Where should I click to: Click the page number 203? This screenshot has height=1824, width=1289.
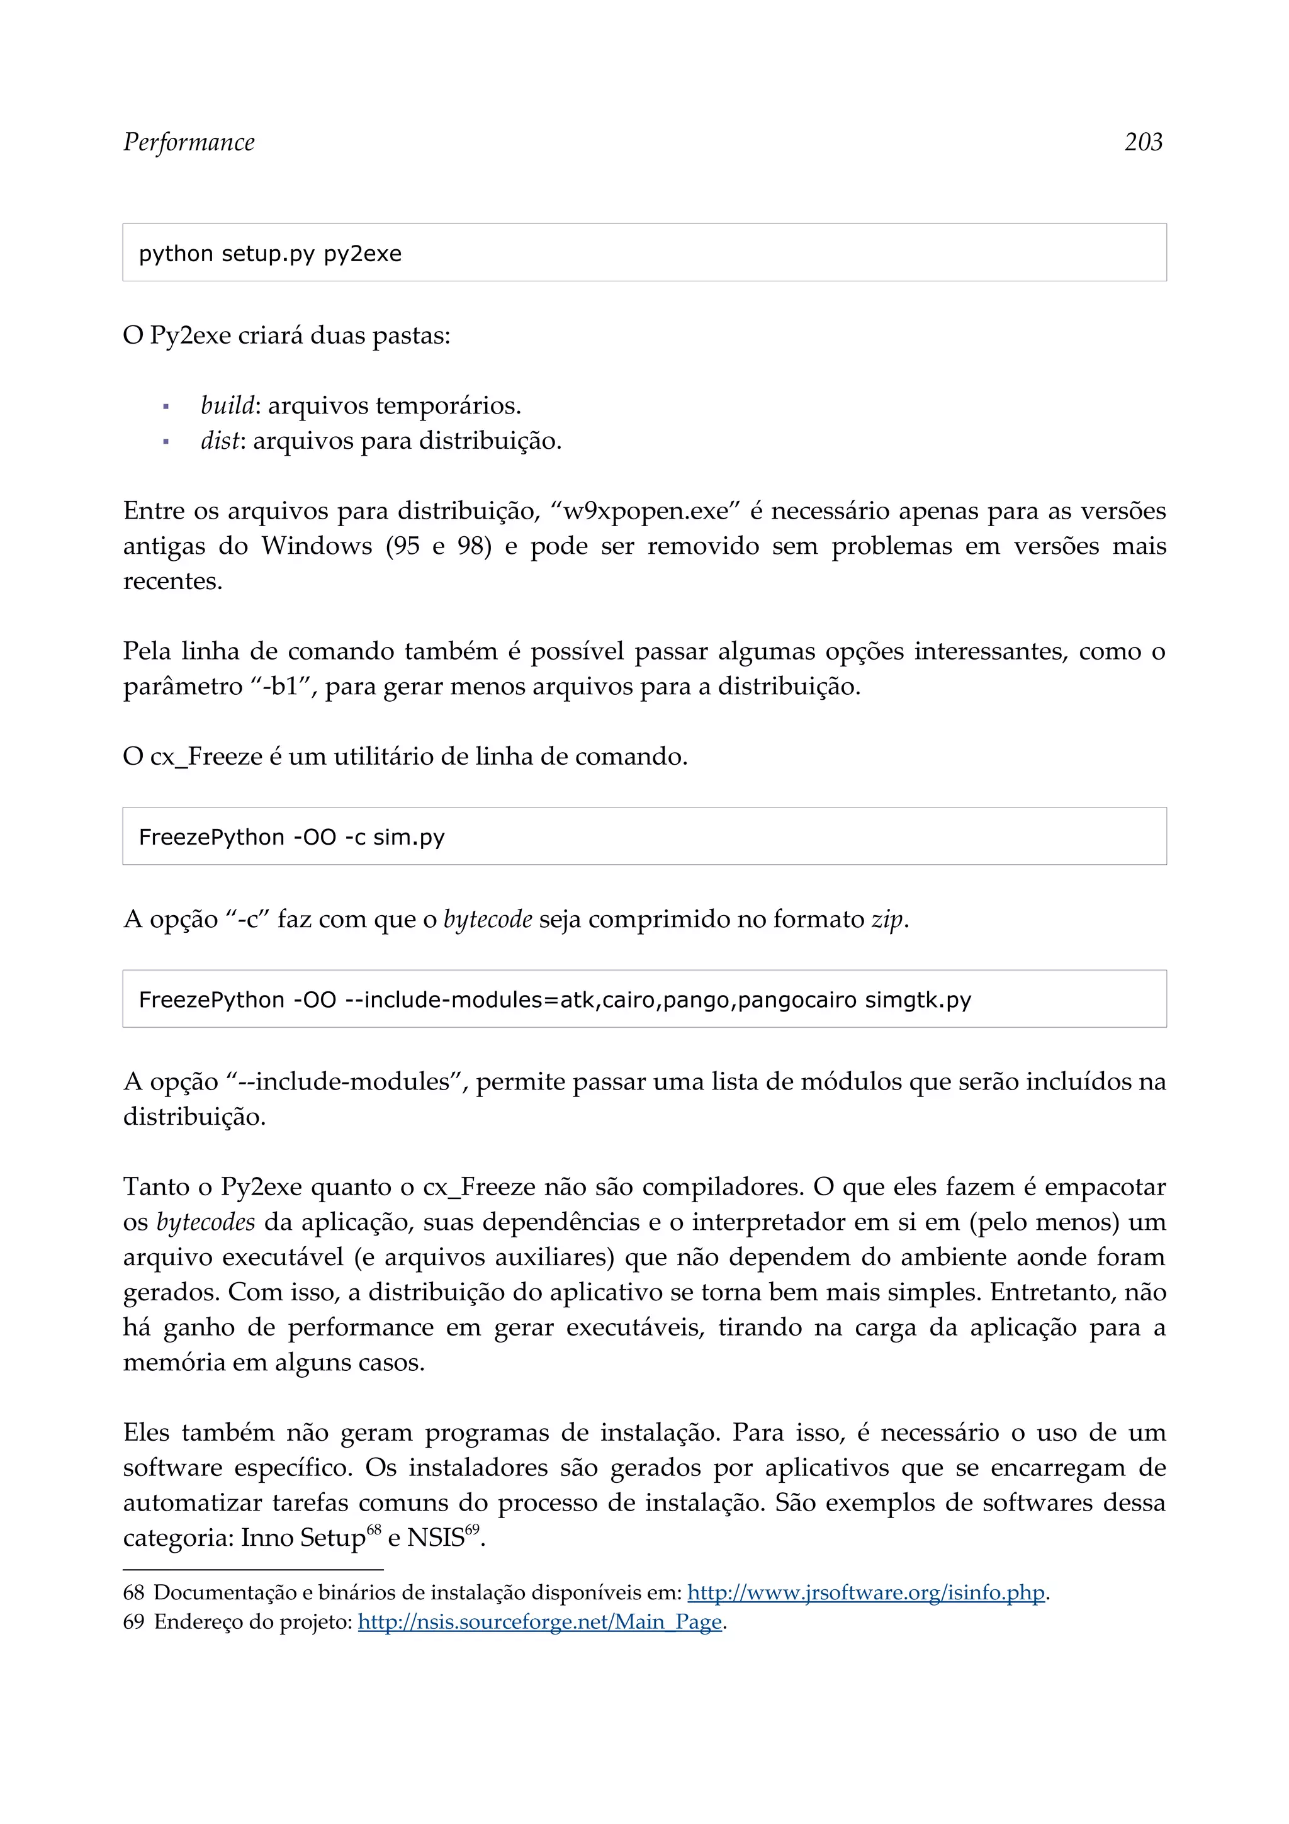[1143, 142]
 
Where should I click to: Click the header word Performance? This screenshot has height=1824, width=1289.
[189, 142]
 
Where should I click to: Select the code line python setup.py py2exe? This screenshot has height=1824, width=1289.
[270, 254]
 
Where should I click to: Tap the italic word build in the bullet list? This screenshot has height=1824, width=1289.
[227, 405]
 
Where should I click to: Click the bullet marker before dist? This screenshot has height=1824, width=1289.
[166, 442]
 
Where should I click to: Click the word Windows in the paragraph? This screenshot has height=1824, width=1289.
[316, 546]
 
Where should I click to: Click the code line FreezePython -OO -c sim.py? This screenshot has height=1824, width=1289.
[291, 836]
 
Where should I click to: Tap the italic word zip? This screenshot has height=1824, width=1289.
[886, 919]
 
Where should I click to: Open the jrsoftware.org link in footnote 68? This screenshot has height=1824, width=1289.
[865, 1593]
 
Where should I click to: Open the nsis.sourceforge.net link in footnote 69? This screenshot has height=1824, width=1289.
[540, 1621]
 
